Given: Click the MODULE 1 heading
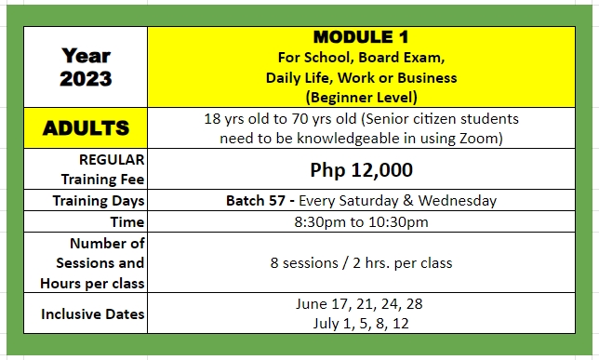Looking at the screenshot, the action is click(361, 37).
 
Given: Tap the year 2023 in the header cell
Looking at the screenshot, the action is click(86, 79).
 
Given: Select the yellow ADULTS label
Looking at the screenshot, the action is click(86, 128).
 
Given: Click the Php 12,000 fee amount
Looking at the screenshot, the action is click(362, 169).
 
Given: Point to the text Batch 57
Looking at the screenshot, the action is click(256, 201).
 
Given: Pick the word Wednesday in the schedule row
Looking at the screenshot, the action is click(458, 201).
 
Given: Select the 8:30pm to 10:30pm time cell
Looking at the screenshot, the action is click(362, 222).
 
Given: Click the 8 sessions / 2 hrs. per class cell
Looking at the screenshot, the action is click(362, 263).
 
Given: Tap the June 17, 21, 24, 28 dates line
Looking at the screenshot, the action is click(359, 304).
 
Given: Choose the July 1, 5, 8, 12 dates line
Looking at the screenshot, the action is click(361, 324).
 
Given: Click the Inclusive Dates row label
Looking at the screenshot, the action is click(93, 314).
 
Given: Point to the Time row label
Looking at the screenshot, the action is click(127, 222).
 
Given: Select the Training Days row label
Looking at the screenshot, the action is click(99, 201).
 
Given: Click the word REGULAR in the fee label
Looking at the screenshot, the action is click(112, 160).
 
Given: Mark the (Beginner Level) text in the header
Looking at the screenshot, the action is click(362, 98).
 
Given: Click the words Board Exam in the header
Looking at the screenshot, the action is click(402, 58).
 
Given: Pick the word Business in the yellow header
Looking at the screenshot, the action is click(427, 78).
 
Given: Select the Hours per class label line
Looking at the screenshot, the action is click(92, 284).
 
